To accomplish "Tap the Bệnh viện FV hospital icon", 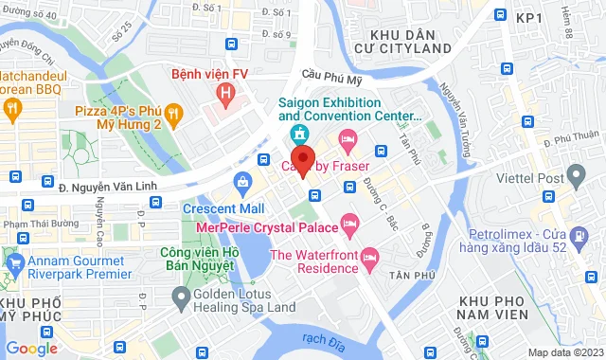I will [x=224, y=93].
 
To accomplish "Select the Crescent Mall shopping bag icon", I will [x=244, y=181].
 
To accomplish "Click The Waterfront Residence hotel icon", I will [x=370, y=256].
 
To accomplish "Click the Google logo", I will [x=31, y=348].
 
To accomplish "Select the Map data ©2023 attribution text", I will [x=563, y=352].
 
